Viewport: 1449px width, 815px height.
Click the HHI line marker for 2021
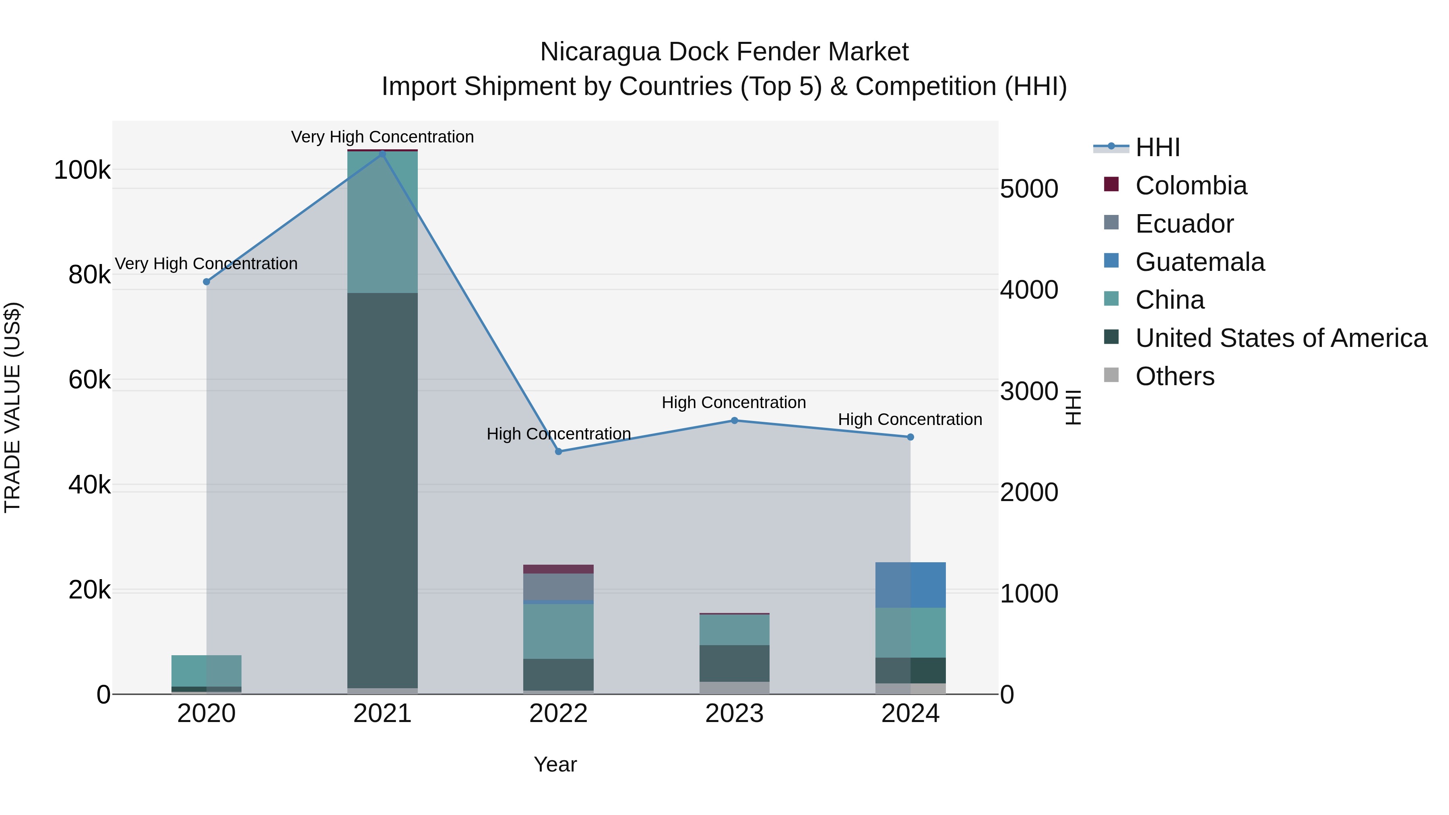(382, 154)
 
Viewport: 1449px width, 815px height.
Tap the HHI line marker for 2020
(206, 282)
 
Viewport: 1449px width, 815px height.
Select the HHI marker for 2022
(559, 452)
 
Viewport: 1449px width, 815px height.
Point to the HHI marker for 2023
(734, 421)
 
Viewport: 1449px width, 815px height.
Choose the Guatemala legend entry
(1199, 262)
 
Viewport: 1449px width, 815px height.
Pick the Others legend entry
(1174, 376)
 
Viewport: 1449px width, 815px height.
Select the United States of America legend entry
(1280, 338)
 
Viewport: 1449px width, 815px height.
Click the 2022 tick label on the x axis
(559, 714)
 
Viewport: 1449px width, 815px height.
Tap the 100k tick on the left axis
(82, 170)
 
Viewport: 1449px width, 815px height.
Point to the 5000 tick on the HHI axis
(1029, 189)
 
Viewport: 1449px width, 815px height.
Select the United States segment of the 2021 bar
(382, 489)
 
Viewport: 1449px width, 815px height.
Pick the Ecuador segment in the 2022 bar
(559, 587)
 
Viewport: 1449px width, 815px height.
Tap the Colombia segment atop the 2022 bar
(559, 569)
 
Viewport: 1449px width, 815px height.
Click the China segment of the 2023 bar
(734, 630)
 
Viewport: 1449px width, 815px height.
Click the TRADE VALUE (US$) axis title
(12, 407)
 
